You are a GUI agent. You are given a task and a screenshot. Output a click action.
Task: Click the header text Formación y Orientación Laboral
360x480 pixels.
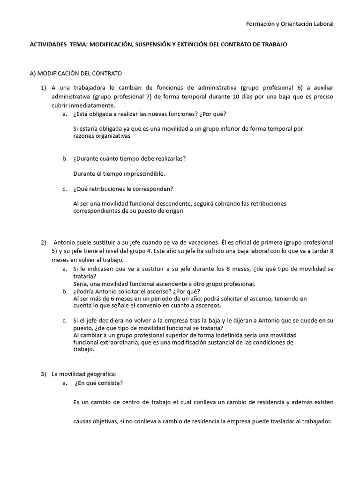[x=290, y=24]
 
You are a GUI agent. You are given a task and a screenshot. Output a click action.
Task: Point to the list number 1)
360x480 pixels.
[x=44, y=88]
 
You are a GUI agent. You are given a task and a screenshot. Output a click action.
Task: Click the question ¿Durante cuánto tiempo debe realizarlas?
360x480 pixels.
[x=129, y=158]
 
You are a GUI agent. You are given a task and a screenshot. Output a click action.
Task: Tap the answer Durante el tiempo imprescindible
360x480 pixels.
[x=119, y=173]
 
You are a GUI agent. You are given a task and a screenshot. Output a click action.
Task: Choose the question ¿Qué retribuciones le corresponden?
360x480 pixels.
[x=123, y=189]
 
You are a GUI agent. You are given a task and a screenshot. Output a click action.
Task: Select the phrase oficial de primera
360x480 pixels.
[x=255, y=243]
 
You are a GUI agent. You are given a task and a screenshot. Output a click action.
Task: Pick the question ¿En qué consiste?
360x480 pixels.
[x=99, y=383]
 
